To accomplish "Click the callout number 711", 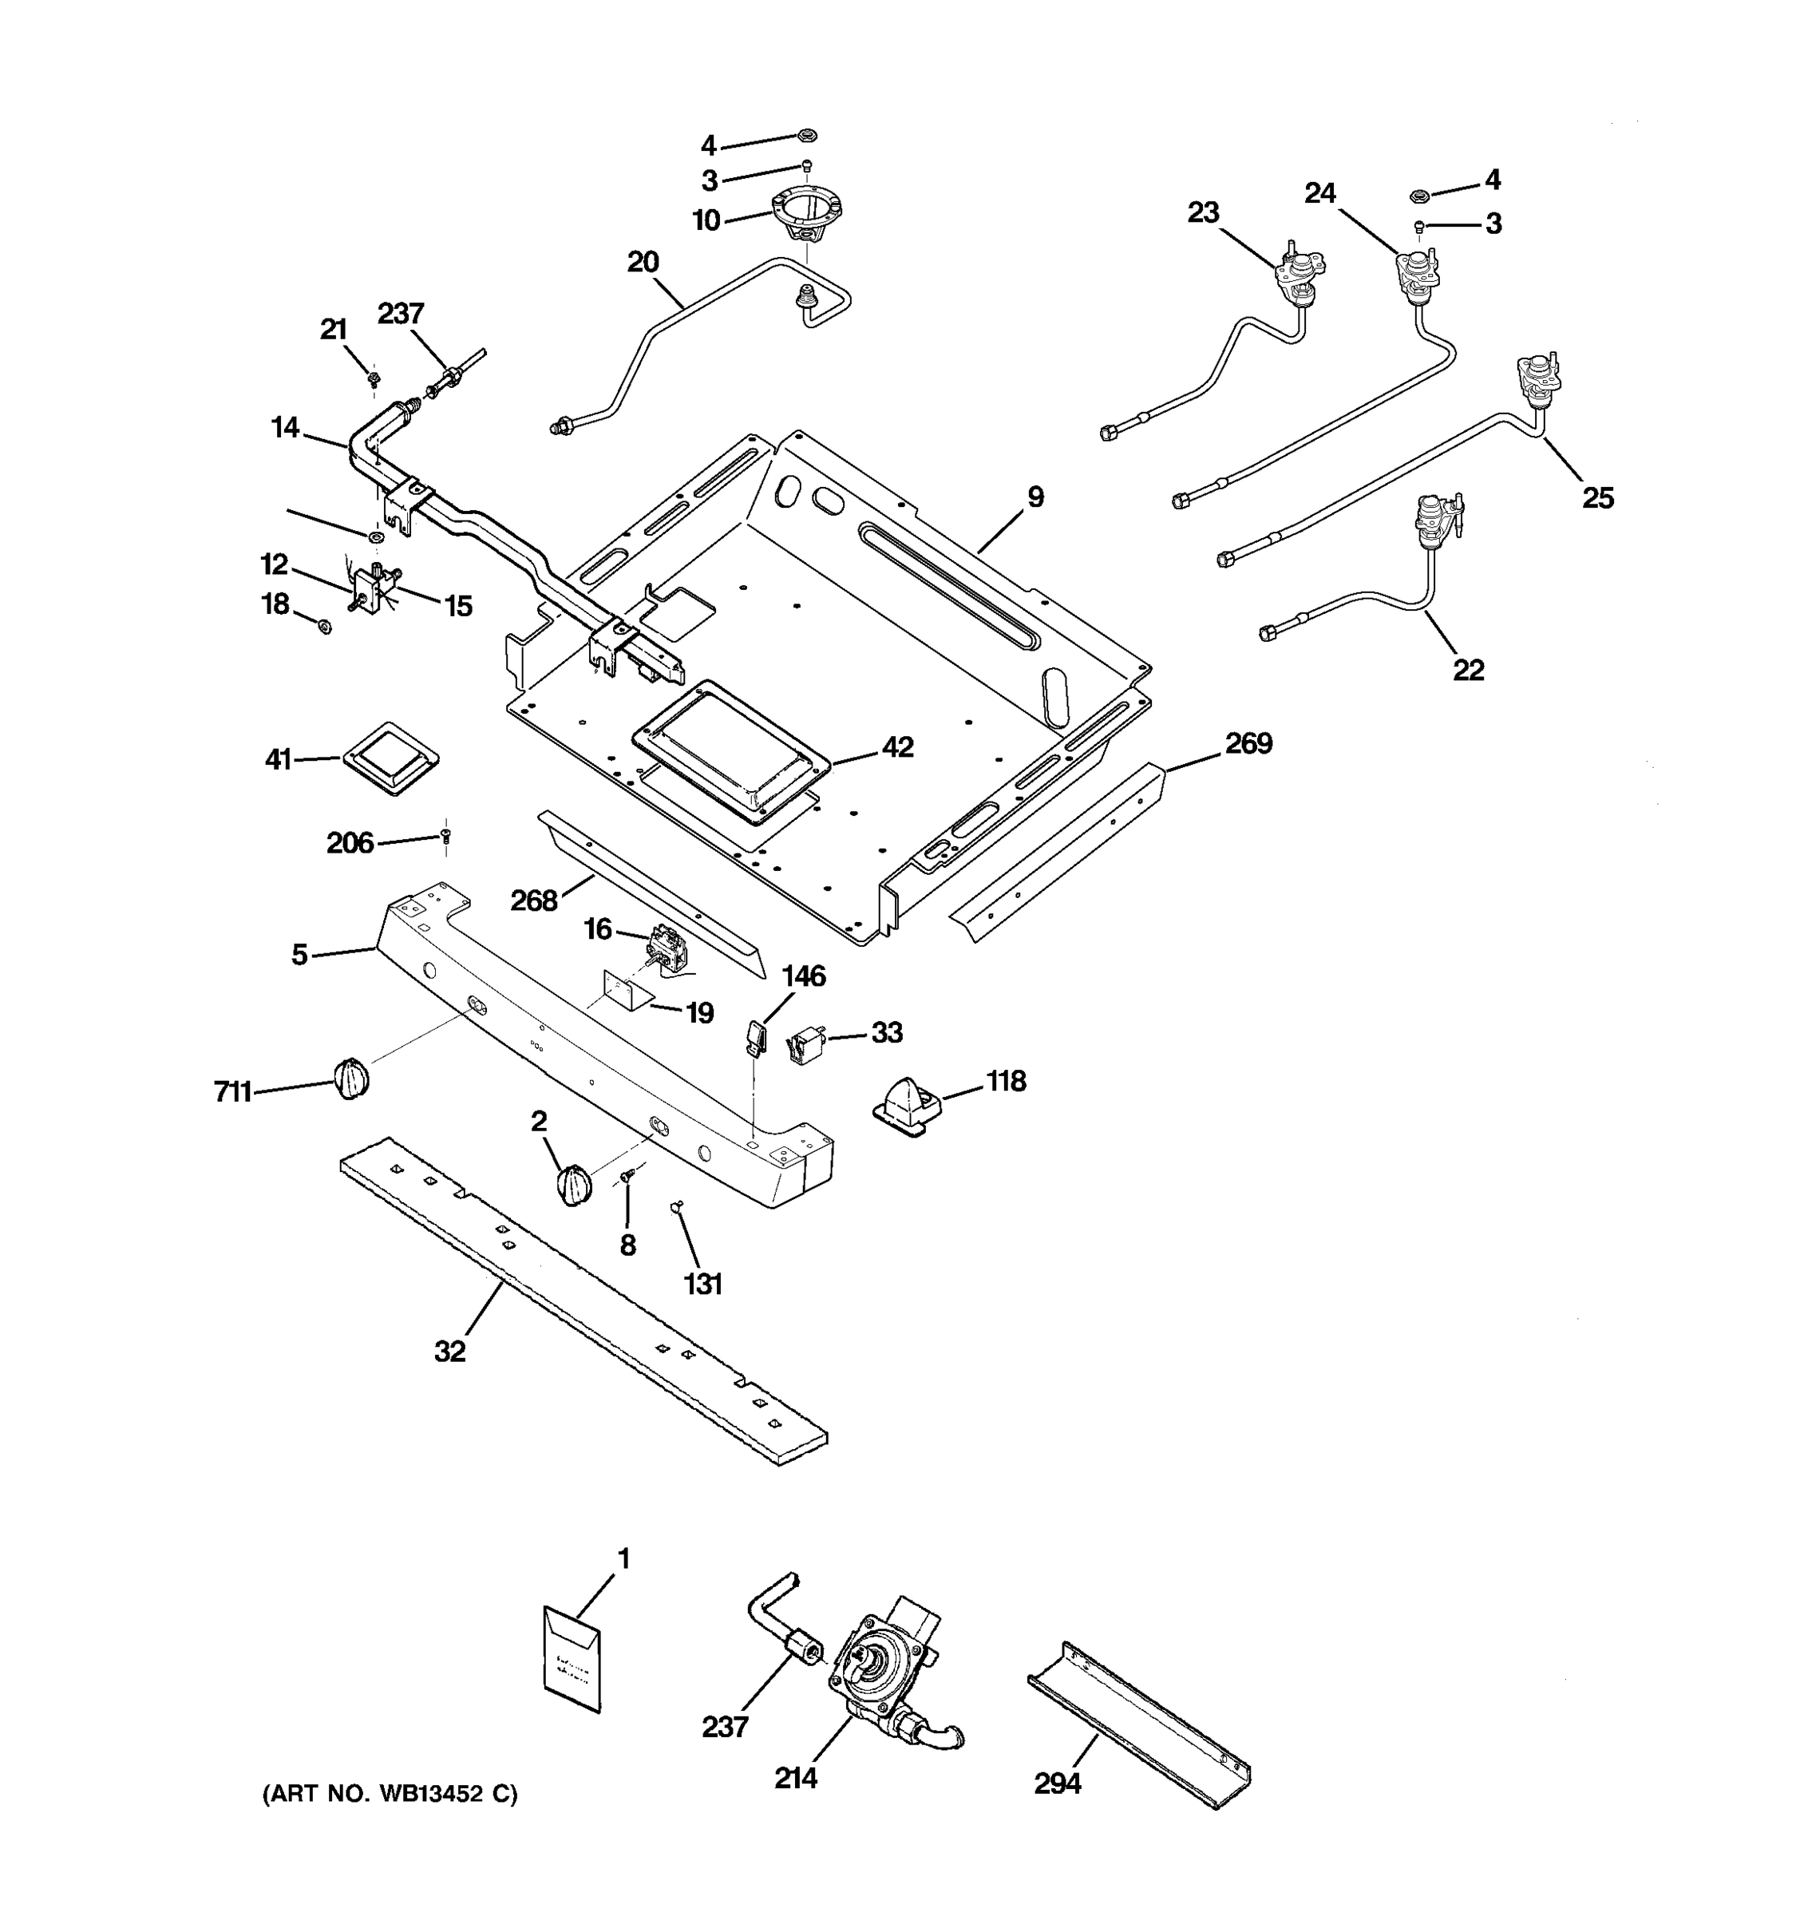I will pos(232,1092).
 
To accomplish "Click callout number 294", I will pos(1057,1785).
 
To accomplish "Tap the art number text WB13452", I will pos(432,1795).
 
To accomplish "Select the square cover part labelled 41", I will pos(390,759).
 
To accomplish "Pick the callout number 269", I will pos(1248,743).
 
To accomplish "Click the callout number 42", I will pos(897,747).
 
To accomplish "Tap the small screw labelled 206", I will pos(445,837).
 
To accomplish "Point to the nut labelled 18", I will pos(326,627).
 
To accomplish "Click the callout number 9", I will pos(1034,497).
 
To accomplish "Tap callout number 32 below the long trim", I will pos(450,1352).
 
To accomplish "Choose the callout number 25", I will pos(1597,498).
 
